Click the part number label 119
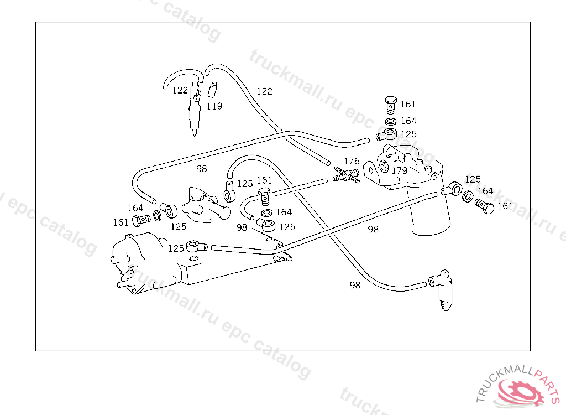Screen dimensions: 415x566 pos(214,106)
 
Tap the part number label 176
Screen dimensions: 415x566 pos(352,162)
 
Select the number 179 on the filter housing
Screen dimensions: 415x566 pos(399,170)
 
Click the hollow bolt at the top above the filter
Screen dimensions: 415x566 pos(390,103)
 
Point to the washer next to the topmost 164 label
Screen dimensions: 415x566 pos(390,121)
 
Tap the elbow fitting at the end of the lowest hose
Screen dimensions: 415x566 pos(442,285)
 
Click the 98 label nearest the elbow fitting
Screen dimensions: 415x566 pos(355,285)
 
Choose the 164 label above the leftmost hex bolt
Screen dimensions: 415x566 pos(135,208)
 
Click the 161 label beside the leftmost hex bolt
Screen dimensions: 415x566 pos(120,222)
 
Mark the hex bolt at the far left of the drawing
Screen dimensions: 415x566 pos(140,221)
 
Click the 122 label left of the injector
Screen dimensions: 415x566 pos(180,90)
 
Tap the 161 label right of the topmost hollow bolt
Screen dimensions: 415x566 pos(408,104)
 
